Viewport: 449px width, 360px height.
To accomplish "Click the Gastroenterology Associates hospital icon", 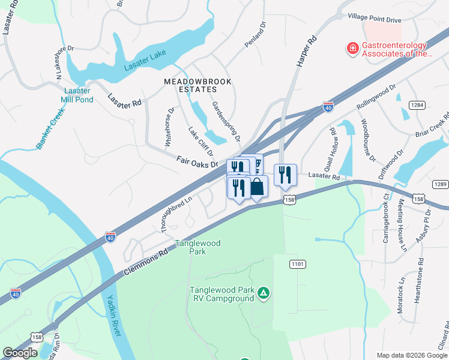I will pyautogui.click(x=353, y=47).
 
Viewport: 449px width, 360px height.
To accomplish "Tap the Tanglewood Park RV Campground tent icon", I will pyautogui.click(x=263, y=293).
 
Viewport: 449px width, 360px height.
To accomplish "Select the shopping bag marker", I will pyautogui.click(x=257, y=187).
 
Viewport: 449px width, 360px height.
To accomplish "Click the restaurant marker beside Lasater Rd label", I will pyautogui.click(x=285, y=175).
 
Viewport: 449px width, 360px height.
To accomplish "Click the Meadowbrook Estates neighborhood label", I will pyautogui.click(x=190, y=85).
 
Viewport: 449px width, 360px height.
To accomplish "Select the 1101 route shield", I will pyautogui.click(x=297, y=263).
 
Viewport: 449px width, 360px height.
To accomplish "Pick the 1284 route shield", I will pyautogui.click(x=418, y=105).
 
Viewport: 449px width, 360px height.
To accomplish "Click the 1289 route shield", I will pyautogui.click(x=440, y=184).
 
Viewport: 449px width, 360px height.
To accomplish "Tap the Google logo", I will pyautogui.click(x=20, y=353).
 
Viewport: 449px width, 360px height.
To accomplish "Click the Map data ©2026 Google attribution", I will pyautogui.click(x=411, y=355).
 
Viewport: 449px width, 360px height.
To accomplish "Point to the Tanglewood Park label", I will pyautogui.click(x=197, y=247).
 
